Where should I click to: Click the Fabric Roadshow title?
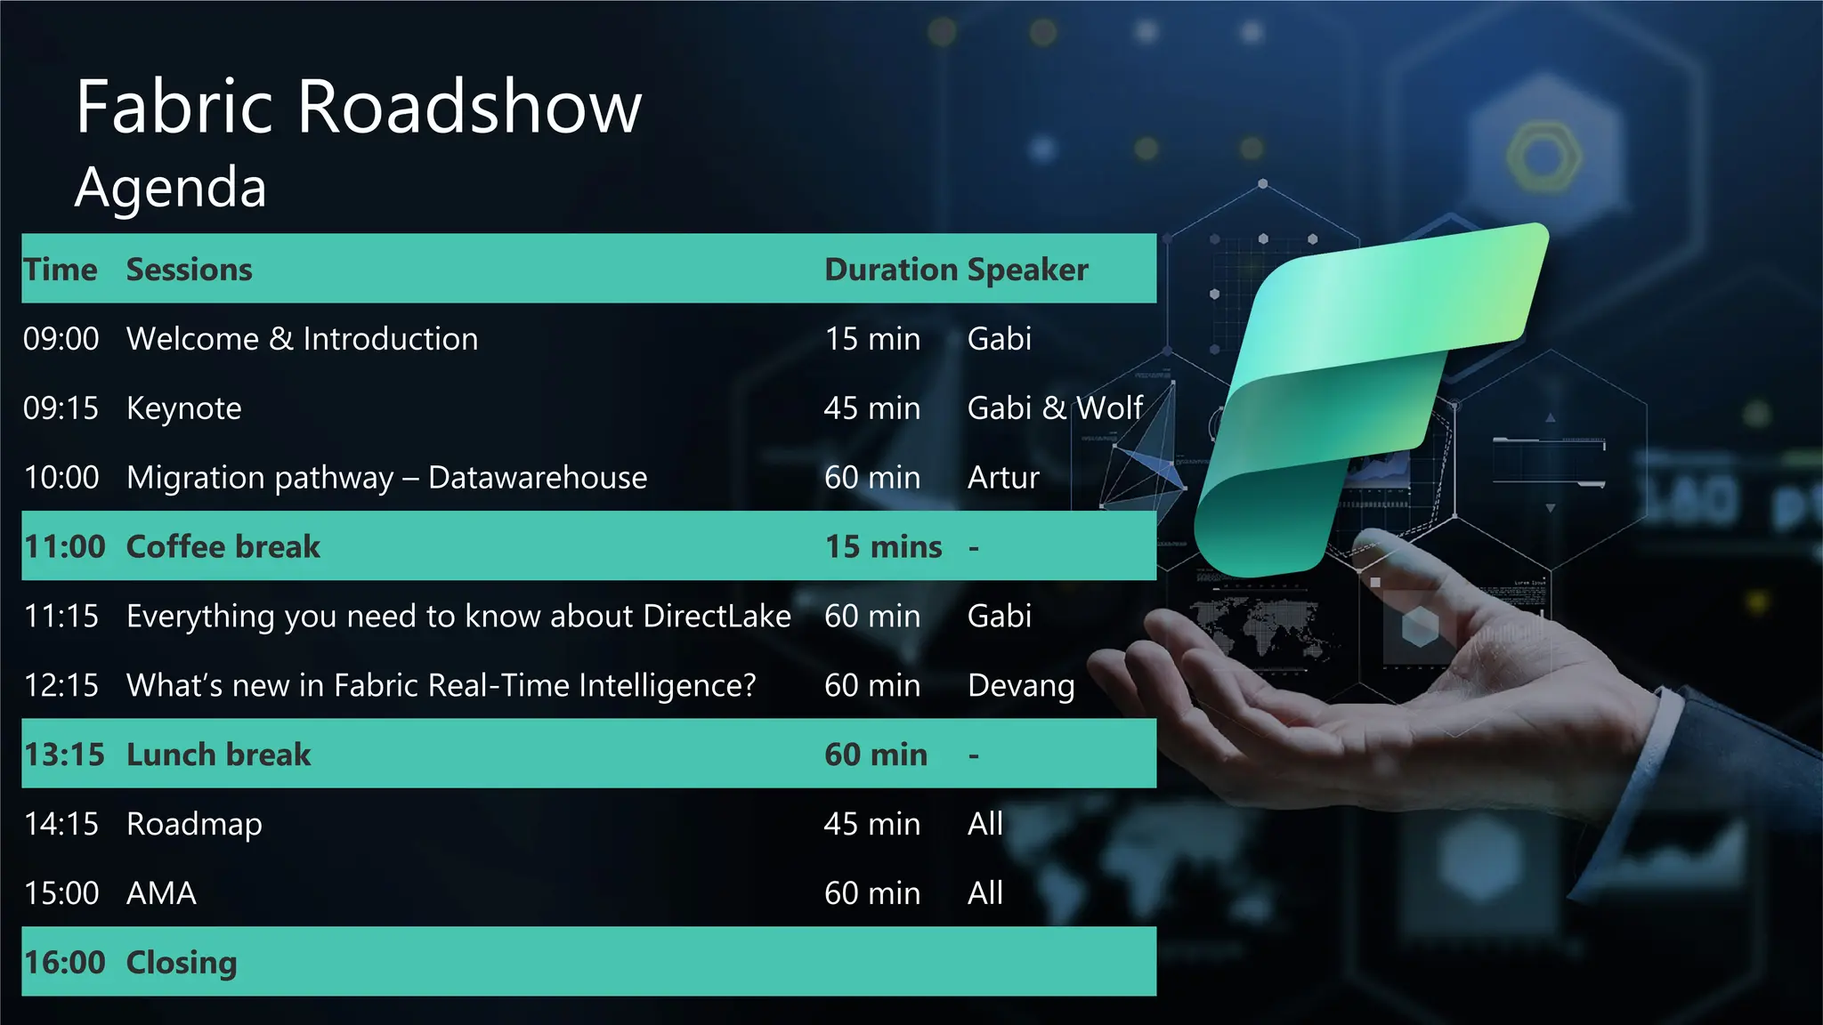359,107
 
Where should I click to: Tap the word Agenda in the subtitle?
171,188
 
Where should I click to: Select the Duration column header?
890,270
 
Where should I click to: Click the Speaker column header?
1028,270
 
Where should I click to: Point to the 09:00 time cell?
61,339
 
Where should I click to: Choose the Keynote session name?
184,408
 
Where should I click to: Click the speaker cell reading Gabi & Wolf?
1055,408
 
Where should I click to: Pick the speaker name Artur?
1003,478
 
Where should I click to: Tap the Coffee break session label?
223,547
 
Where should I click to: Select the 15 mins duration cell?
883,547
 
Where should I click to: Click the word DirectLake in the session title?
717,616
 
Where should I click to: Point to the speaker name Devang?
1021,686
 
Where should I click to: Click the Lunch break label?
219,755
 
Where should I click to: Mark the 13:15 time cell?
64,755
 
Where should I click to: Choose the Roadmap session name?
194,825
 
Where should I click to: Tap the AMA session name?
161,893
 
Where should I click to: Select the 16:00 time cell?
64,963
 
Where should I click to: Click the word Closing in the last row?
182,963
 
